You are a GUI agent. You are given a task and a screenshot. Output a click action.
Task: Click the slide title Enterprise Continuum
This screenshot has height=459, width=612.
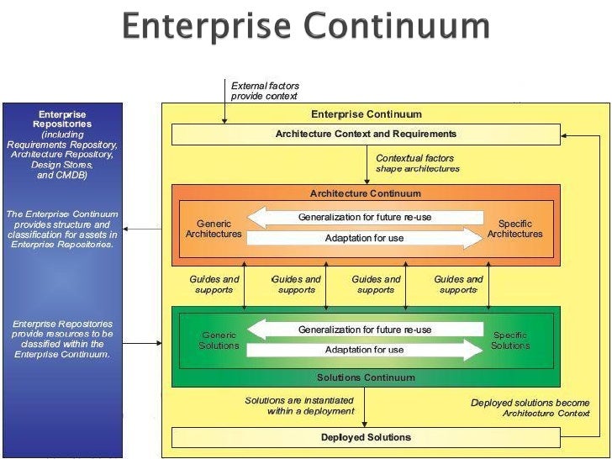click(306, 27)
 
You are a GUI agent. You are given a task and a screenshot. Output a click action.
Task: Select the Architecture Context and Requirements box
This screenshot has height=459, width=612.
click(366, 135)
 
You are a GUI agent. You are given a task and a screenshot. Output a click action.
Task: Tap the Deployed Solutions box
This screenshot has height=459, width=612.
click(366, 437)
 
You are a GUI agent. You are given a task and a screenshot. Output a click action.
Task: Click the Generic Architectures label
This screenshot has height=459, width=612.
click(214, 229)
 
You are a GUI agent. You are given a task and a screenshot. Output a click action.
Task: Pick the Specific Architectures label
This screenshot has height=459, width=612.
click(514, 229)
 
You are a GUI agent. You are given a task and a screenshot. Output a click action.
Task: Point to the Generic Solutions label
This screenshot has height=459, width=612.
click(219, 340)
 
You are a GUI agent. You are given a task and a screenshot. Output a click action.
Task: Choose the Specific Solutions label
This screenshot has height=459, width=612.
click(510, 340)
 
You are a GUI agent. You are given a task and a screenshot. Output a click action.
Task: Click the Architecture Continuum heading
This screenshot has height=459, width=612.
click(365, 193)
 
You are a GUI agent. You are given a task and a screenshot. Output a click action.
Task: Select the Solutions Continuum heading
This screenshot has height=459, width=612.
click(365, 377)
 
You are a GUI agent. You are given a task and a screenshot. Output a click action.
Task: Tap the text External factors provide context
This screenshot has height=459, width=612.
click(265, 91)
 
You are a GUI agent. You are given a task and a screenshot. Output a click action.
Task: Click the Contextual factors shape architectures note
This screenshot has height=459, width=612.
click(417, 163)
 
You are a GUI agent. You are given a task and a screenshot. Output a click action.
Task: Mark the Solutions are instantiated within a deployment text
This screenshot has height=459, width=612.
click(299, 405)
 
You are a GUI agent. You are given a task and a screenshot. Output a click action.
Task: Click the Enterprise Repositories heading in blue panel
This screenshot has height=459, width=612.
click(62, 119)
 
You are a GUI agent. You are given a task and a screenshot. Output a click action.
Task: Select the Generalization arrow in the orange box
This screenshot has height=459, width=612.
click(365, 218)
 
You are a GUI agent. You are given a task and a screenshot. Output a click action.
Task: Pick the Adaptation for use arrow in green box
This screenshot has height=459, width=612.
click(365, 350)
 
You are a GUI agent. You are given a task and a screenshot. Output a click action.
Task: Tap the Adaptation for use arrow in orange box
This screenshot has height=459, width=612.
click(365, 239)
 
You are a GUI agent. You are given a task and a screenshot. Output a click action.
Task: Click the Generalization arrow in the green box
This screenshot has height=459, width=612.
click(365, 330)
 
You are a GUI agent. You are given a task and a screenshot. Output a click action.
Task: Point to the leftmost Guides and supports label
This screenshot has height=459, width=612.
click(214, 285)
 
